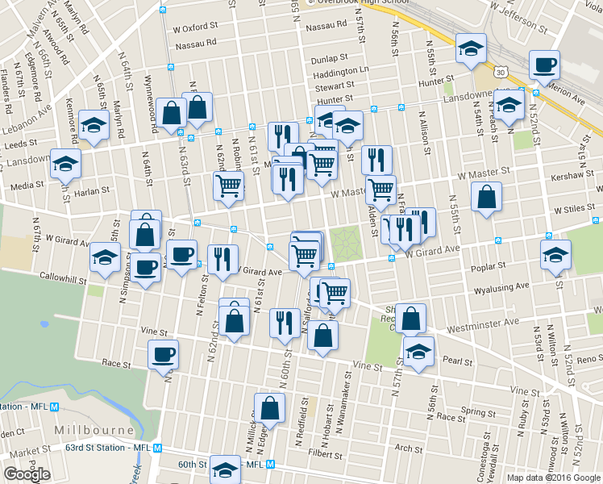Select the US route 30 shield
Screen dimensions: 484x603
click(501, 73)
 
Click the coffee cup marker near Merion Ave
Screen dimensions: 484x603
click(544, 64)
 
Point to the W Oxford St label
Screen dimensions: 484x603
click(196, 26)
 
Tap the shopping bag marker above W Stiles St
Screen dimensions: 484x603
click(487, 198)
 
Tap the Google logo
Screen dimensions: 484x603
click(27, 474)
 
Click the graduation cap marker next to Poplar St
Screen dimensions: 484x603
click(555, 255)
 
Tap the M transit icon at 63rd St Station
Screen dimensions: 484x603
click(159, 448)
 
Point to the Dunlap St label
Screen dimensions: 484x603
click(328, 58)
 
